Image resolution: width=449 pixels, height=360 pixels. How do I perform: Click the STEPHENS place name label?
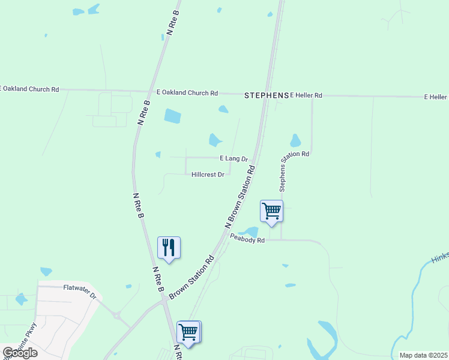click(x=267, y=95)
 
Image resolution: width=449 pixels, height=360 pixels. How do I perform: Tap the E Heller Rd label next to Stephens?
click(x=306, y=95)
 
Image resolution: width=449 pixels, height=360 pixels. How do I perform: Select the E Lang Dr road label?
click(x=234, y=158)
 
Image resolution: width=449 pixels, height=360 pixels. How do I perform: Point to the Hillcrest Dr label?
click(x=208, y=175)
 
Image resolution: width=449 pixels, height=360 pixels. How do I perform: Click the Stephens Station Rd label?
click(x=294, y=171)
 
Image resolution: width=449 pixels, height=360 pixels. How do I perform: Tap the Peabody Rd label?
click(x=247, y=240)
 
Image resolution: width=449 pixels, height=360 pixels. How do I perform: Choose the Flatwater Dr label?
click(x=80, y=292)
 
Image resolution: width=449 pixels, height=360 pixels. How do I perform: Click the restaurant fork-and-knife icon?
click(x=169, y=247)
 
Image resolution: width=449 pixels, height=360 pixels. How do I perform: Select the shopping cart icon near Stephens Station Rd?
click(x=271, y=211)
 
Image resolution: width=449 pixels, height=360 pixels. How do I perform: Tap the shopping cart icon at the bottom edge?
click(x=188, y=332)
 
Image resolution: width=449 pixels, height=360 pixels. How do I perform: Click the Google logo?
click(x=20, y=353)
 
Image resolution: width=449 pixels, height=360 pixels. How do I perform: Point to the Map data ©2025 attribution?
click(x=423, y=355)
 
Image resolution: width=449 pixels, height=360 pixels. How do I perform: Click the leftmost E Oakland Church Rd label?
click(x=30, y=89)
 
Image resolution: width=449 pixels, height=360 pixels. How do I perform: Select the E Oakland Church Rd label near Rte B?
click(x=187, y=93)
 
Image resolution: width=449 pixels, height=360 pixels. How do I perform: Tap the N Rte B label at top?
click(x=173, y=23)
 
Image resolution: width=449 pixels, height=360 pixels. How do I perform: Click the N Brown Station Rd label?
click(x=241, y=196)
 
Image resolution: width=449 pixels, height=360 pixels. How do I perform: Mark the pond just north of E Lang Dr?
click(x=215, y=140)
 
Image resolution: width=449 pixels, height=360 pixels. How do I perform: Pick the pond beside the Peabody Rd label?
click(x=249, y=231)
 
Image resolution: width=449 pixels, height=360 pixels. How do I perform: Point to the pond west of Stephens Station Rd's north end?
click(x=295, y=141)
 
